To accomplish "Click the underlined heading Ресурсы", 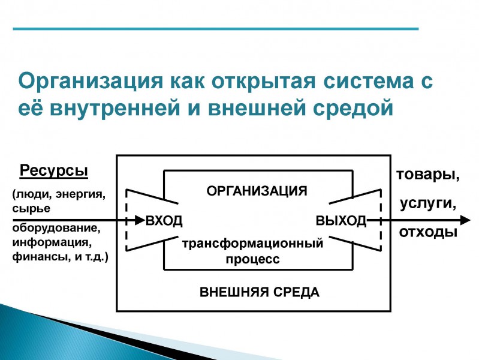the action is coord(54,170).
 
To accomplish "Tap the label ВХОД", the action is coord(164,221).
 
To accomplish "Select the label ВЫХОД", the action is coord(341,221).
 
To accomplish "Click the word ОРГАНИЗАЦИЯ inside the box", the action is coord(257,191).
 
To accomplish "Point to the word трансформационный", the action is coord(252,244).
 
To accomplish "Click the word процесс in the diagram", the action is coord(252,259).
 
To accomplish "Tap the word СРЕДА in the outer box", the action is coord(296,292).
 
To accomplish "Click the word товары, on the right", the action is coord(427,175).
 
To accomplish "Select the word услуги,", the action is coord(428,203).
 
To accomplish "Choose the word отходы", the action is coord(428,232).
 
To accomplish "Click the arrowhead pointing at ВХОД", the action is coord(139,220).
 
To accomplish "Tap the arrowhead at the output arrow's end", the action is coord(465,220).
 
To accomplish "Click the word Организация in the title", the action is coord(91,82).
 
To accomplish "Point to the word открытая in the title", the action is coord(263,82).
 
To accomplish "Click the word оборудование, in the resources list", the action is coord(56,228).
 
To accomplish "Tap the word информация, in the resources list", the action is coord(52,242).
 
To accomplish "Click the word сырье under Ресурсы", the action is coord(31,209).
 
